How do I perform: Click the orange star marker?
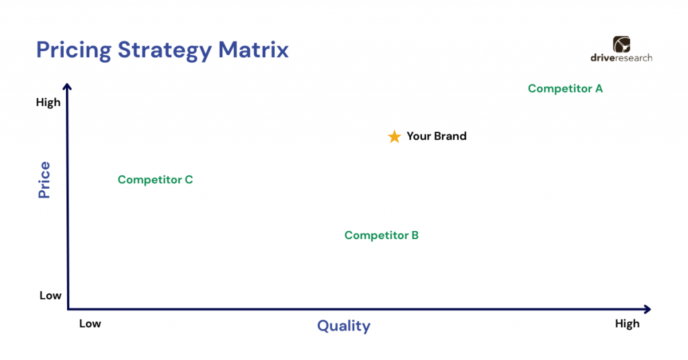click(x=394, y=136)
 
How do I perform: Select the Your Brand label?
click(x=437, y=136)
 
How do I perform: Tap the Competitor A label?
click(x=565, y=89)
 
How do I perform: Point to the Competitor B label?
click(x=382, y=235)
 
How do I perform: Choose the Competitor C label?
click(x=155, y=179)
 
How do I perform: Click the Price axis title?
click(x=44, y=180)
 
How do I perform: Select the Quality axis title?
click(x=343, y=326)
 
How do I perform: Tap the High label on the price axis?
click(x=48, y=102)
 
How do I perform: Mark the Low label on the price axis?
click(x=50, y=296)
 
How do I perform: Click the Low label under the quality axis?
click(x=90, y=324)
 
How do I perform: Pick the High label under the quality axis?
click(x=627, y=324)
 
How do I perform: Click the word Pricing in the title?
click(x=74, y=50)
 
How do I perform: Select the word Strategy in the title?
click(x=165, y=50)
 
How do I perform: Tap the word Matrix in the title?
click(x=253, y=49)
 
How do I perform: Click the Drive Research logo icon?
click(x=621, y=44)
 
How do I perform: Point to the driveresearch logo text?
click(x=621, y=58)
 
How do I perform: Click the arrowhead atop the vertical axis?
click(x=67, y=87)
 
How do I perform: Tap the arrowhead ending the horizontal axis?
click(x=647, y=309)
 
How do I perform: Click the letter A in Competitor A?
click(x=599, y=89)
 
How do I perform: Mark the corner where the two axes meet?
click(x=69, y=309)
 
